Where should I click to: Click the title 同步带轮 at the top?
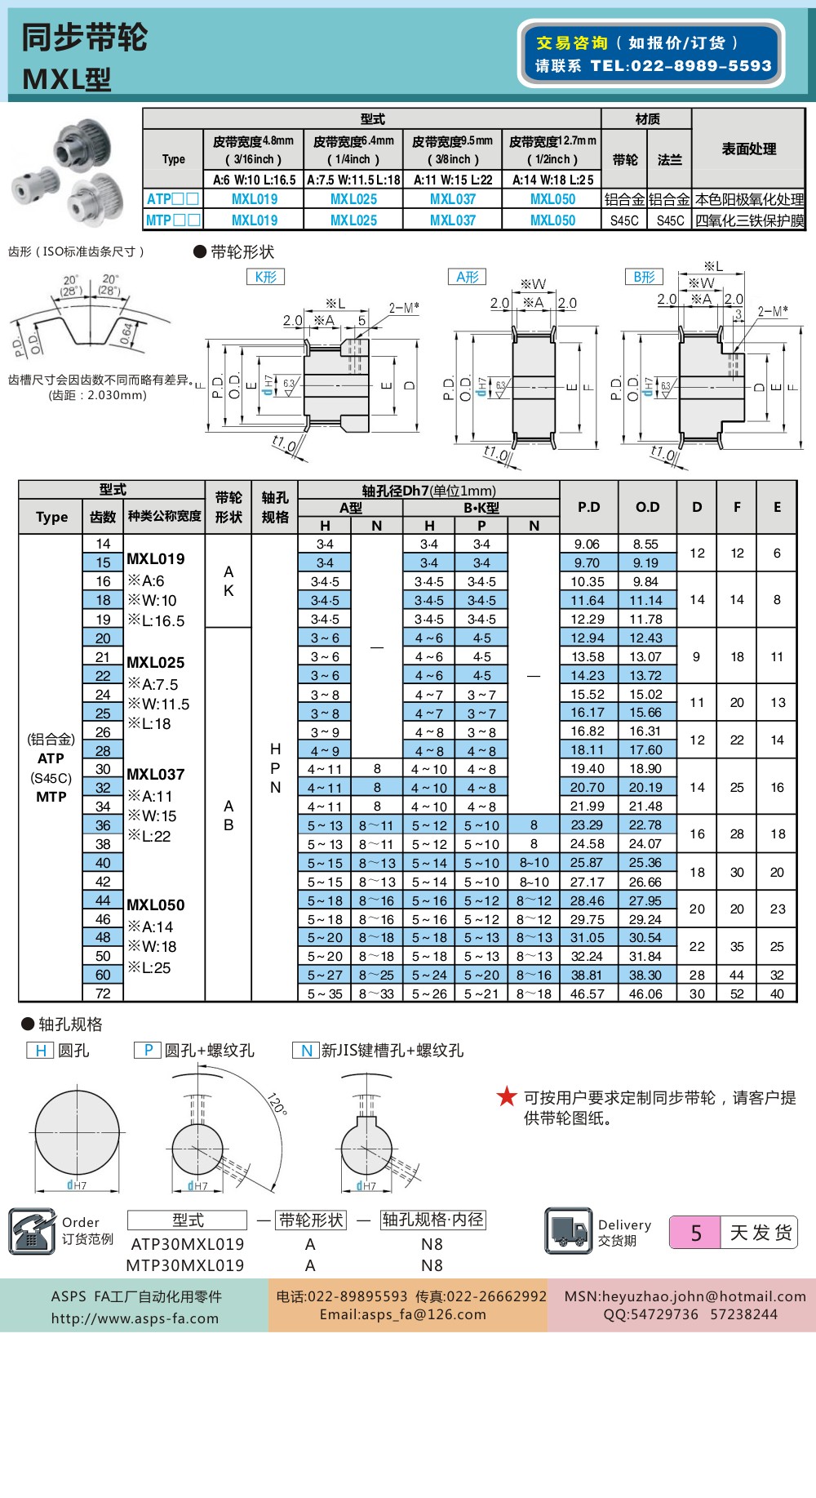click(84, 38)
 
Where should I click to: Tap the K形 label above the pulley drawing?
click(265, 277)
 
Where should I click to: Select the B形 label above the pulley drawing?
click(644, 277)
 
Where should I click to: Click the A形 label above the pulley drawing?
click(467, 277)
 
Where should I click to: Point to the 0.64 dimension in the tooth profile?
click(126, 333)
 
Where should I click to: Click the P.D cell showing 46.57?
click(588, 993)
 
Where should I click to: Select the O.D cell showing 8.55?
click(645, 544)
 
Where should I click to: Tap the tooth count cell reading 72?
click(103, 993)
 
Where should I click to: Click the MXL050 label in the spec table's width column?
click(155, 905)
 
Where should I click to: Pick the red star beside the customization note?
click(507, 1096)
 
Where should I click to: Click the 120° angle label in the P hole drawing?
click(277, 1104)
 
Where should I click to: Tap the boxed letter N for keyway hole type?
click(306, 1051)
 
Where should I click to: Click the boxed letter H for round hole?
click(40, 1051)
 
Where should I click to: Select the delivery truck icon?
click(568, 1230)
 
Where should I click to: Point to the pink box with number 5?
click(694, 1233)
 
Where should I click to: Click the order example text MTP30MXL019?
click(184, 1265)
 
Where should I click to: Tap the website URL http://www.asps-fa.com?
click(135, 1318)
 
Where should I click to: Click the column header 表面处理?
click(748, 149)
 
